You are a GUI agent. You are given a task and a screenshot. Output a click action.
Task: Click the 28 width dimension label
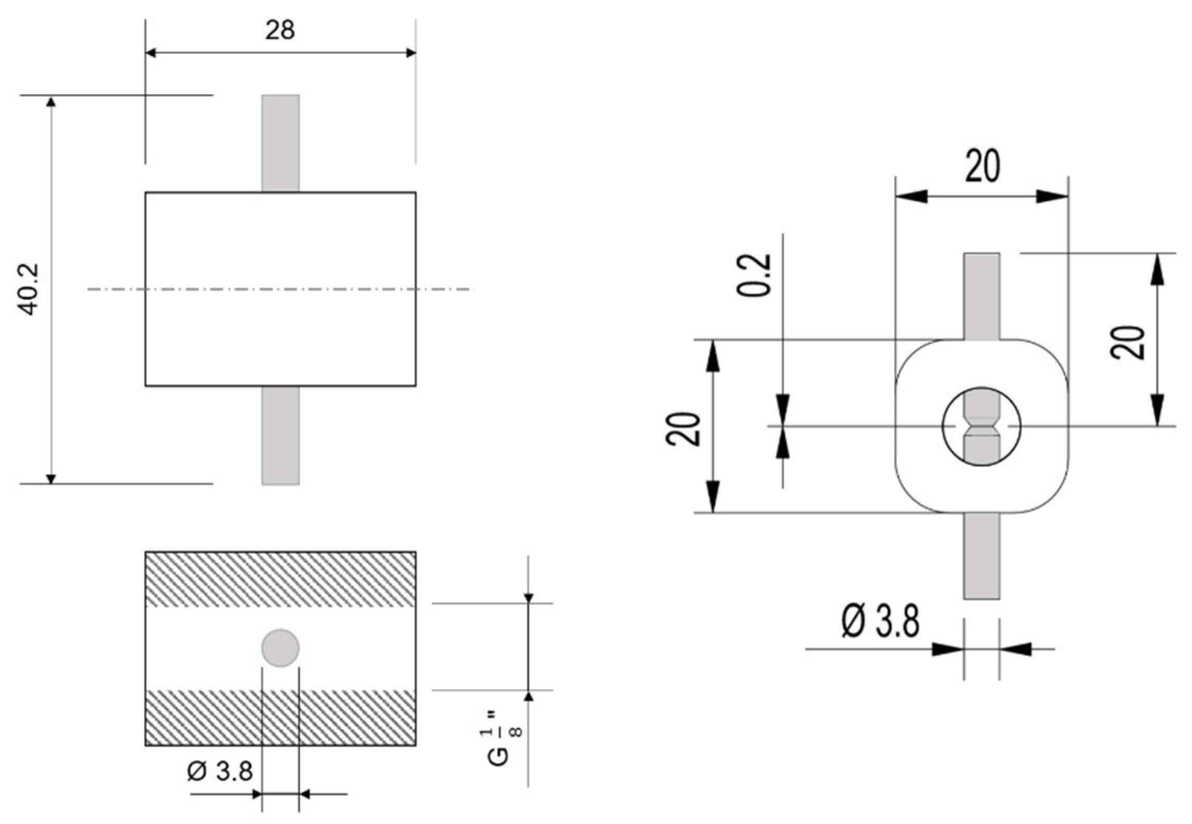(280, 30)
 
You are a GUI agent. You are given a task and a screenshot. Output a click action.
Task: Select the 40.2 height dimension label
(29, 289)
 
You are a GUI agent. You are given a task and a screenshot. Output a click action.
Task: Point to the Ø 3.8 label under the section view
(219, 771)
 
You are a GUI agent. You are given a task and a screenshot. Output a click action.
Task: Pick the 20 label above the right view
(982, 166)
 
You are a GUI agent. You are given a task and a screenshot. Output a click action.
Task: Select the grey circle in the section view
(280, 648)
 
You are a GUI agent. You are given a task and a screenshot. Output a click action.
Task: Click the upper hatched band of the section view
(280, 579)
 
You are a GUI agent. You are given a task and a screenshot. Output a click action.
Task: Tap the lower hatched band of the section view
(280, 717)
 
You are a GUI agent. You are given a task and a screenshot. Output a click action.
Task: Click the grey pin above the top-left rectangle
(280, 143)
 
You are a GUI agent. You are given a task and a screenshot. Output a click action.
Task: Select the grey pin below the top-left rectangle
(280, 435)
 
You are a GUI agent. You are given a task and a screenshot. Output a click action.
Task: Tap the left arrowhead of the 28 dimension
(151, 53)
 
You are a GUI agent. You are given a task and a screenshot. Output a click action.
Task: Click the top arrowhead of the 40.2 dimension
(51, 102)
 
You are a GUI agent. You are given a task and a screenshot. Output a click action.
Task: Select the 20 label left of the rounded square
(683, 429)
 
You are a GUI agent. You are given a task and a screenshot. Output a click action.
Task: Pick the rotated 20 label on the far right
(1127, 343)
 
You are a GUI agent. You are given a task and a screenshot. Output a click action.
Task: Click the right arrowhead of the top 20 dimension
(1053, 197)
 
